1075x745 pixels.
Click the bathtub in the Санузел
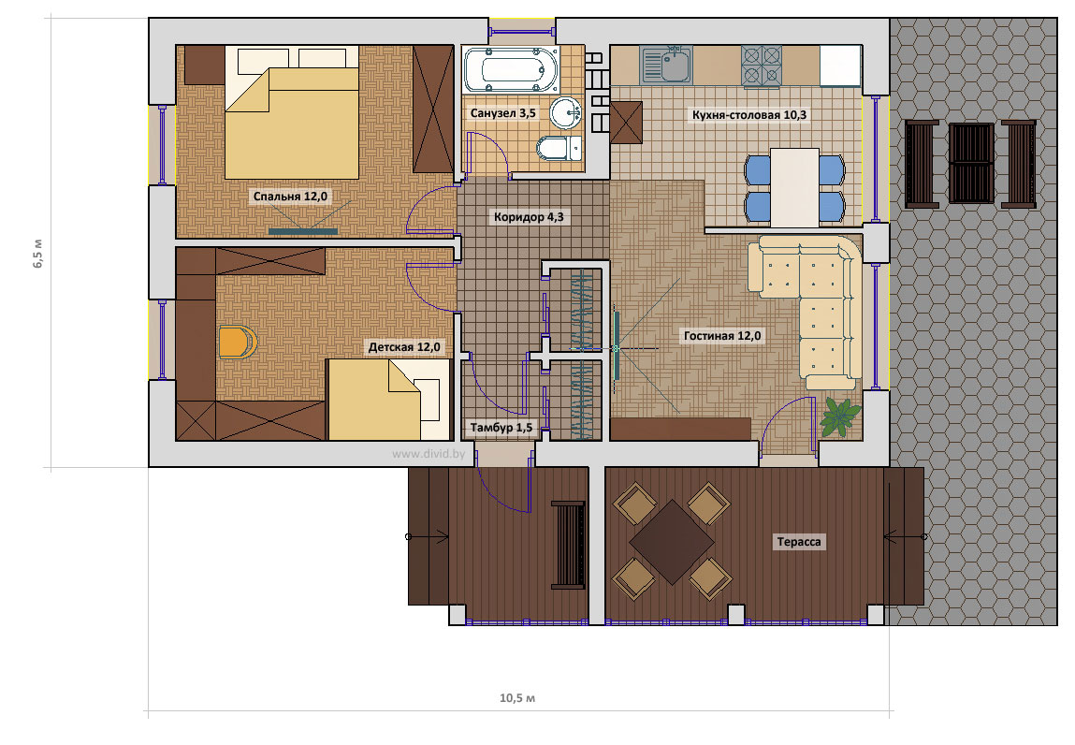(x=511, y=70)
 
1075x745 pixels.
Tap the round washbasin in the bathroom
(x=566, y=111)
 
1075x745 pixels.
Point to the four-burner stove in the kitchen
(x=761, y=66)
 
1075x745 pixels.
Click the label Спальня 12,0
(x=290, y=197)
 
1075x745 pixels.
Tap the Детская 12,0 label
(x=404, y=347)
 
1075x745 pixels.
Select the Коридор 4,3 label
(x=529, y=217)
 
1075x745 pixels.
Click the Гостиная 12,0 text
(x=722, y=336)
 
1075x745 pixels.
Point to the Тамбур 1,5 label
(x=501, y=428)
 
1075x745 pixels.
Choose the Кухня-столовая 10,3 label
(x=748, y=115)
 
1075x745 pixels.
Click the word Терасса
(x=799, y=542)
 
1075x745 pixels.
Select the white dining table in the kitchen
(x=794, y=187)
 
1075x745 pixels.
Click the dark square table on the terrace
(x=673, y=542)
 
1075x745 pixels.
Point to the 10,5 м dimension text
(x=517, y=698)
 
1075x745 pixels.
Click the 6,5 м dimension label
(x=37, y=253)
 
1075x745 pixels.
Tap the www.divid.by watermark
(x=429, y=453)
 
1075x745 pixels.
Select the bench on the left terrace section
(x=568, y=545)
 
